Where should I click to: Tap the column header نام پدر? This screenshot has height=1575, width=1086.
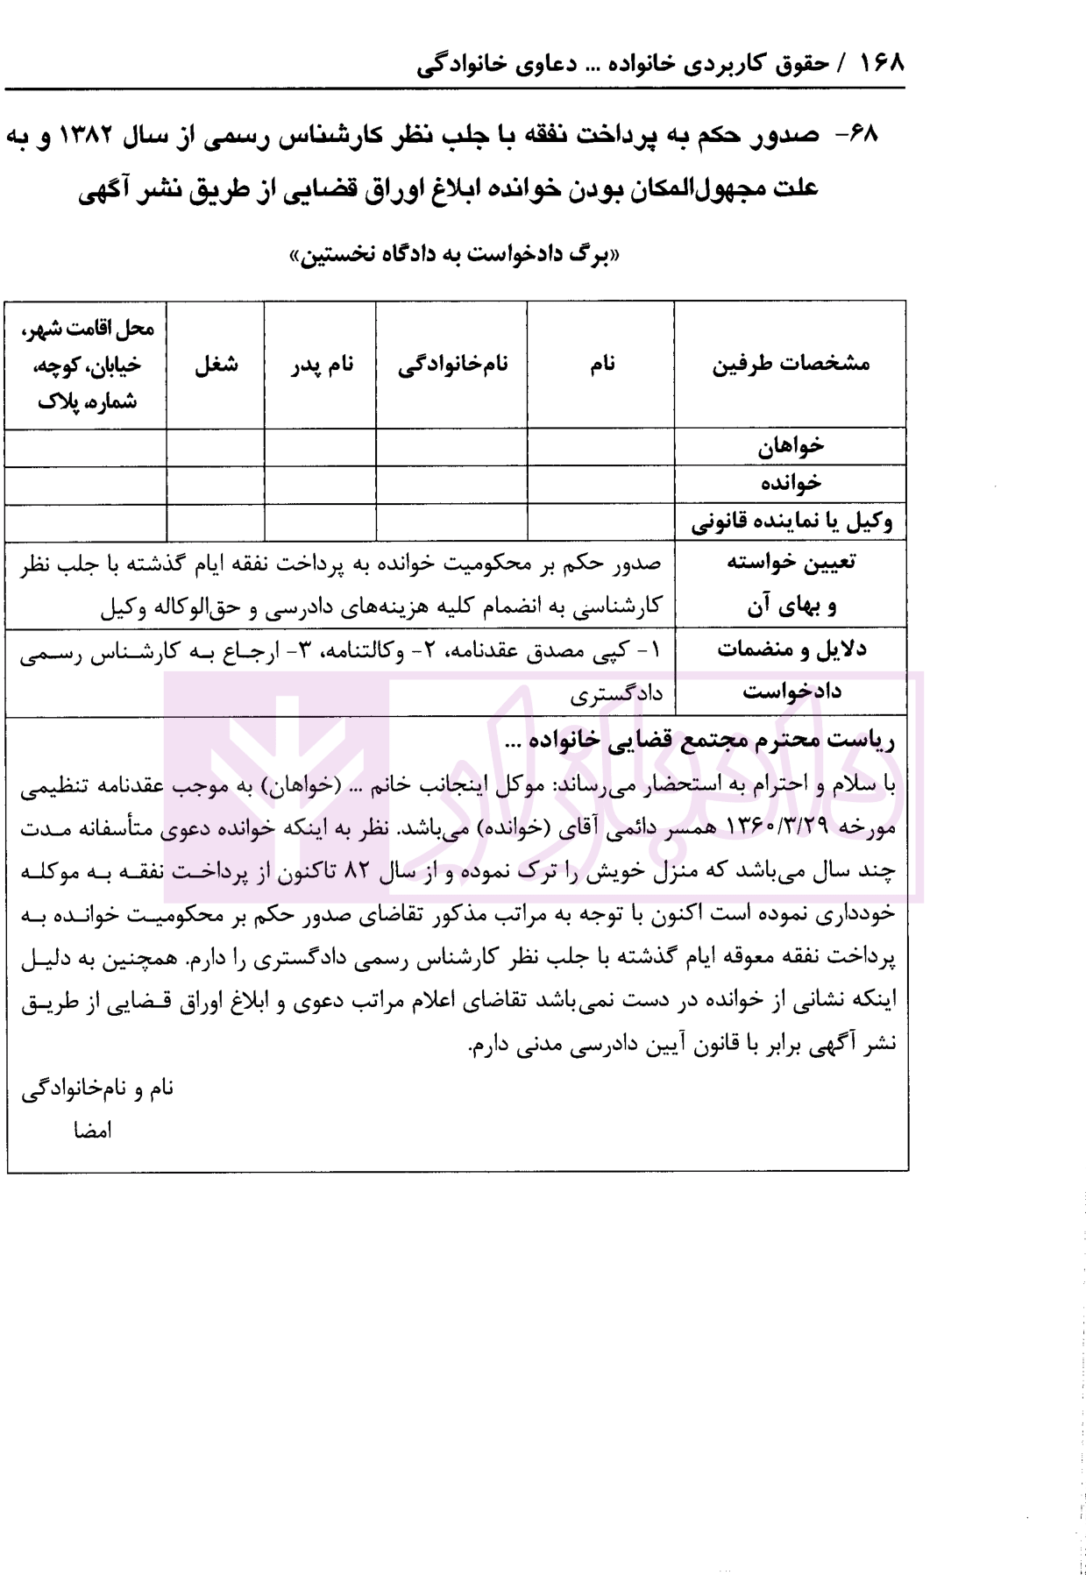pyautogui.click(x=321, y=364)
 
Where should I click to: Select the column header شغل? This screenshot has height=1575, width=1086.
pyautogui.click(x=216, y=364)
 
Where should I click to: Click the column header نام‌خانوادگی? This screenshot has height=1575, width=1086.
pyautogui.click(x=452, y=364)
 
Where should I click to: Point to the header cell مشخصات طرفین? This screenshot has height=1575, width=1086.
pyautogui.click(x=791, y=364)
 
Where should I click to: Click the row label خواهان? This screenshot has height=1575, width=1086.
pyautogui.click(x=791, y=446)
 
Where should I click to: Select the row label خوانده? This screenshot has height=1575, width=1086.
pyautogui.click(x=791, y=483)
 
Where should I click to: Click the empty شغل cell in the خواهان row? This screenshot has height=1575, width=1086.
pyautogui.click(x=216, y=447)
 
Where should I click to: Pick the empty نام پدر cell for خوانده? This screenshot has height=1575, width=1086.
pyautogui.click(x=321, y=485)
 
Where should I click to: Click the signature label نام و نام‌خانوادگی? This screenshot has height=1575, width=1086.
pyautogui.click(x=96, y=1089)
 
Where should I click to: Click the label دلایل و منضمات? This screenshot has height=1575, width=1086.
pyautogui.click(x=791, y=649)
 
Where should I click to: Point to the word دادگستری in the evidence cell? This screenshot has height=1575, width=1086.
pyautogui.click(x=617, y=695)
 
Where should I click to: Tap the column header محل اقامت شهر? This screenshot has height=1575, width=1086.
pyautogui.click(x=88, y=330)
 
